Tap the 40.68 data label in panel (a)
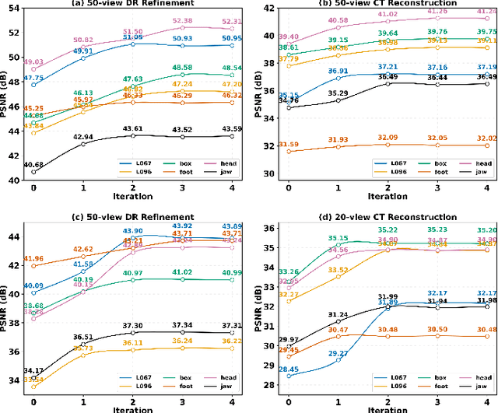click(x=34, y=164)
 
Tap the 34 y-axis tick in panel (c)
click(x=16, y=380)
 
